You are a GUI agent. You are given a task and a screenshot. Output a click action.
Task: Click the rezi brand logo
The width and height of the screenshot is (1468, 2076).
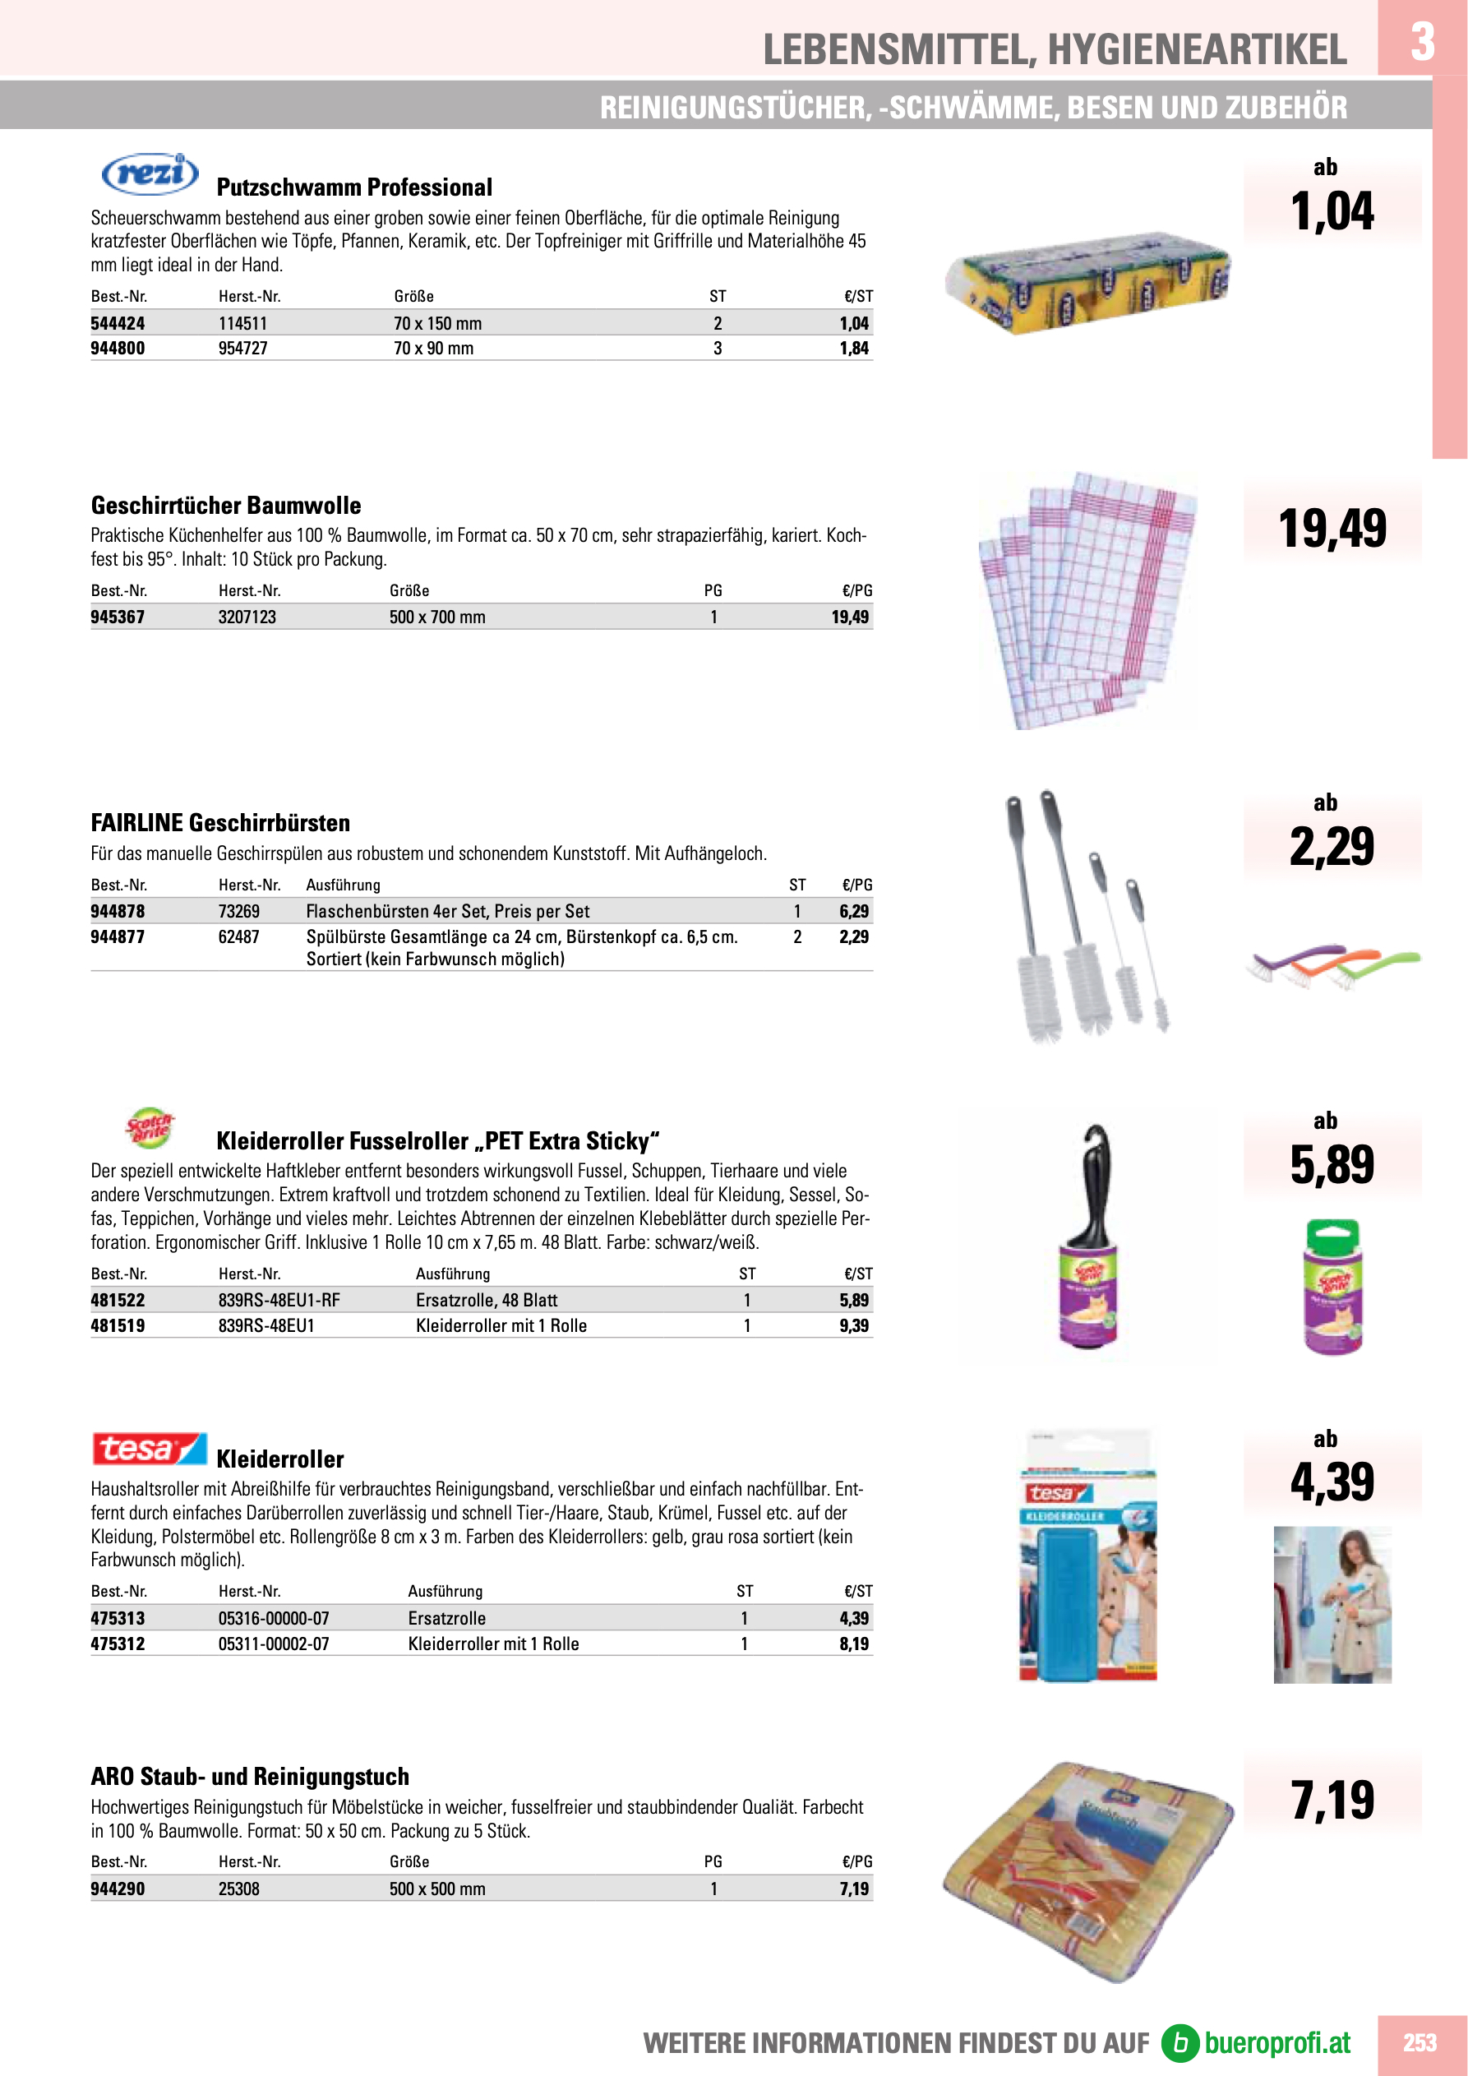click(x=150, y=173)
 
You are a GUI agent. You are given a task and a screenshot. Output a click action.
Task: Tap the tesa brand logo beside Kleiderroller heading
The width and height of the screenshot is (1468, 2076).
click(x=149, y=1449)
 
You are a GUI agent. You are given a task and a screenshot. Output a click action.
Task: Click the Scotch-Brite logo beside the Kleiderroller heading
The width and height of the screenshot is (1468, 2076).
click(x=148, y=1127)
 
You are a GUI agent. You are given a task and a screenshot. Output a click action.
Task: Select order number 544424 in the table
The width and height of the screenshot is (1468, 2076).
click(x=118, y=324)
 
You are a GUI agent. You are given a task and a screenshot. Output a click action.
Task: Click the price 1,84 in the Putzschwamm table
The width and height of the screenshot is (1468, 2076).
click(x=853, y=348)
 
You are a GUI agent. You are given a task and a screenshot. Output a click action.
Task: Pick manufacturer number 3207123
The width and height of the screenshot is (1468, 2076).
click(x=247, y=617)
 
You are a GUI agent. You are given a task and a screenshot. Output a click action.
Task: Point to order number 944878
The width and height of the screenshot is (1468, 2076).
click(x=118, y=912)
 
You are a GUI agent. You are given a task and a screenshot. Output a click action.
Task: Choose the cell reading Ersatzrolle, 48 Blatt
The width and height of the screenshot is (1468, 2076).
click(x=487, y=1300)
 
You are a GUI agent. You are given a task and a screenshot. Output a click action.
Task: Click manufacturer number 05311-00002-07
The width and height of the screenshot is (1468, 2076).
click(x=273, y=1644)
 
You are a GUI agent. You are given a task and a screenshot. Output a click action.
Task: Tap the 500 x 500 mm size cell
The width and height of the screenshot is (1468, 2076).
click(x=436, y=1889)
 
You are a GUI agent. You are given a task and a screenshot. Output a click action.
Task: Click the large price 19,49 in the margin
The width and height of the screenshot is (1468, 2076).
click(x=1332, y=529)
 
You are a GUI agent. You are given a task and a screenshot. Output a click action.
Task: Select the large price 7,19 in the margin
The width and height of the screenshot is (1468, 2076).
click(x=1332, y=1801)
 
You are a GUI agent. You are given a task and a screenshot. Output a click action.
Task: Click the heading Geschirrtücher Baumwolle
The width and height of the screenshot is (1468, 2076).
click(x=226, y=506)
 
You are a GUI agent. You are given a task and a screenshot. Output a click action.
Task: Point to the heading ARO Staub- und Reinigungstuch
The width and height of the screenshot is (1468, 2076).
click(x=250, y=1777)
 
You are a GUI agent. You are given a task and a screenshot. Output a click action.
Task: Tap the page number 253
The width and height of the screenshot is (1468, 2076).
click(x=1420, y=2042)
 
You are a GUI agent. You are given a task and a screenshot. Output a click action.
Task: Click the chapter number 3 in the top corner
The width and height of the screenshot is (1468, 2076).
click(x=1422, y=40)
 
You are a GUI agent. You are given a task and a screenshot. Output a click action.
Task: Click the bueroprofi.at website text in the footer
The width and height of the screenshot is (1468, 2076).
click(x=1276, y=2042)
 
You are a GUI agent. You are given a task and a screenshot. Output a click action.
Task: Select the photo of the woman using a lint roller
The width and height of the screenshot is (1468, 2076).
click(x=1332, y=1605)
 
